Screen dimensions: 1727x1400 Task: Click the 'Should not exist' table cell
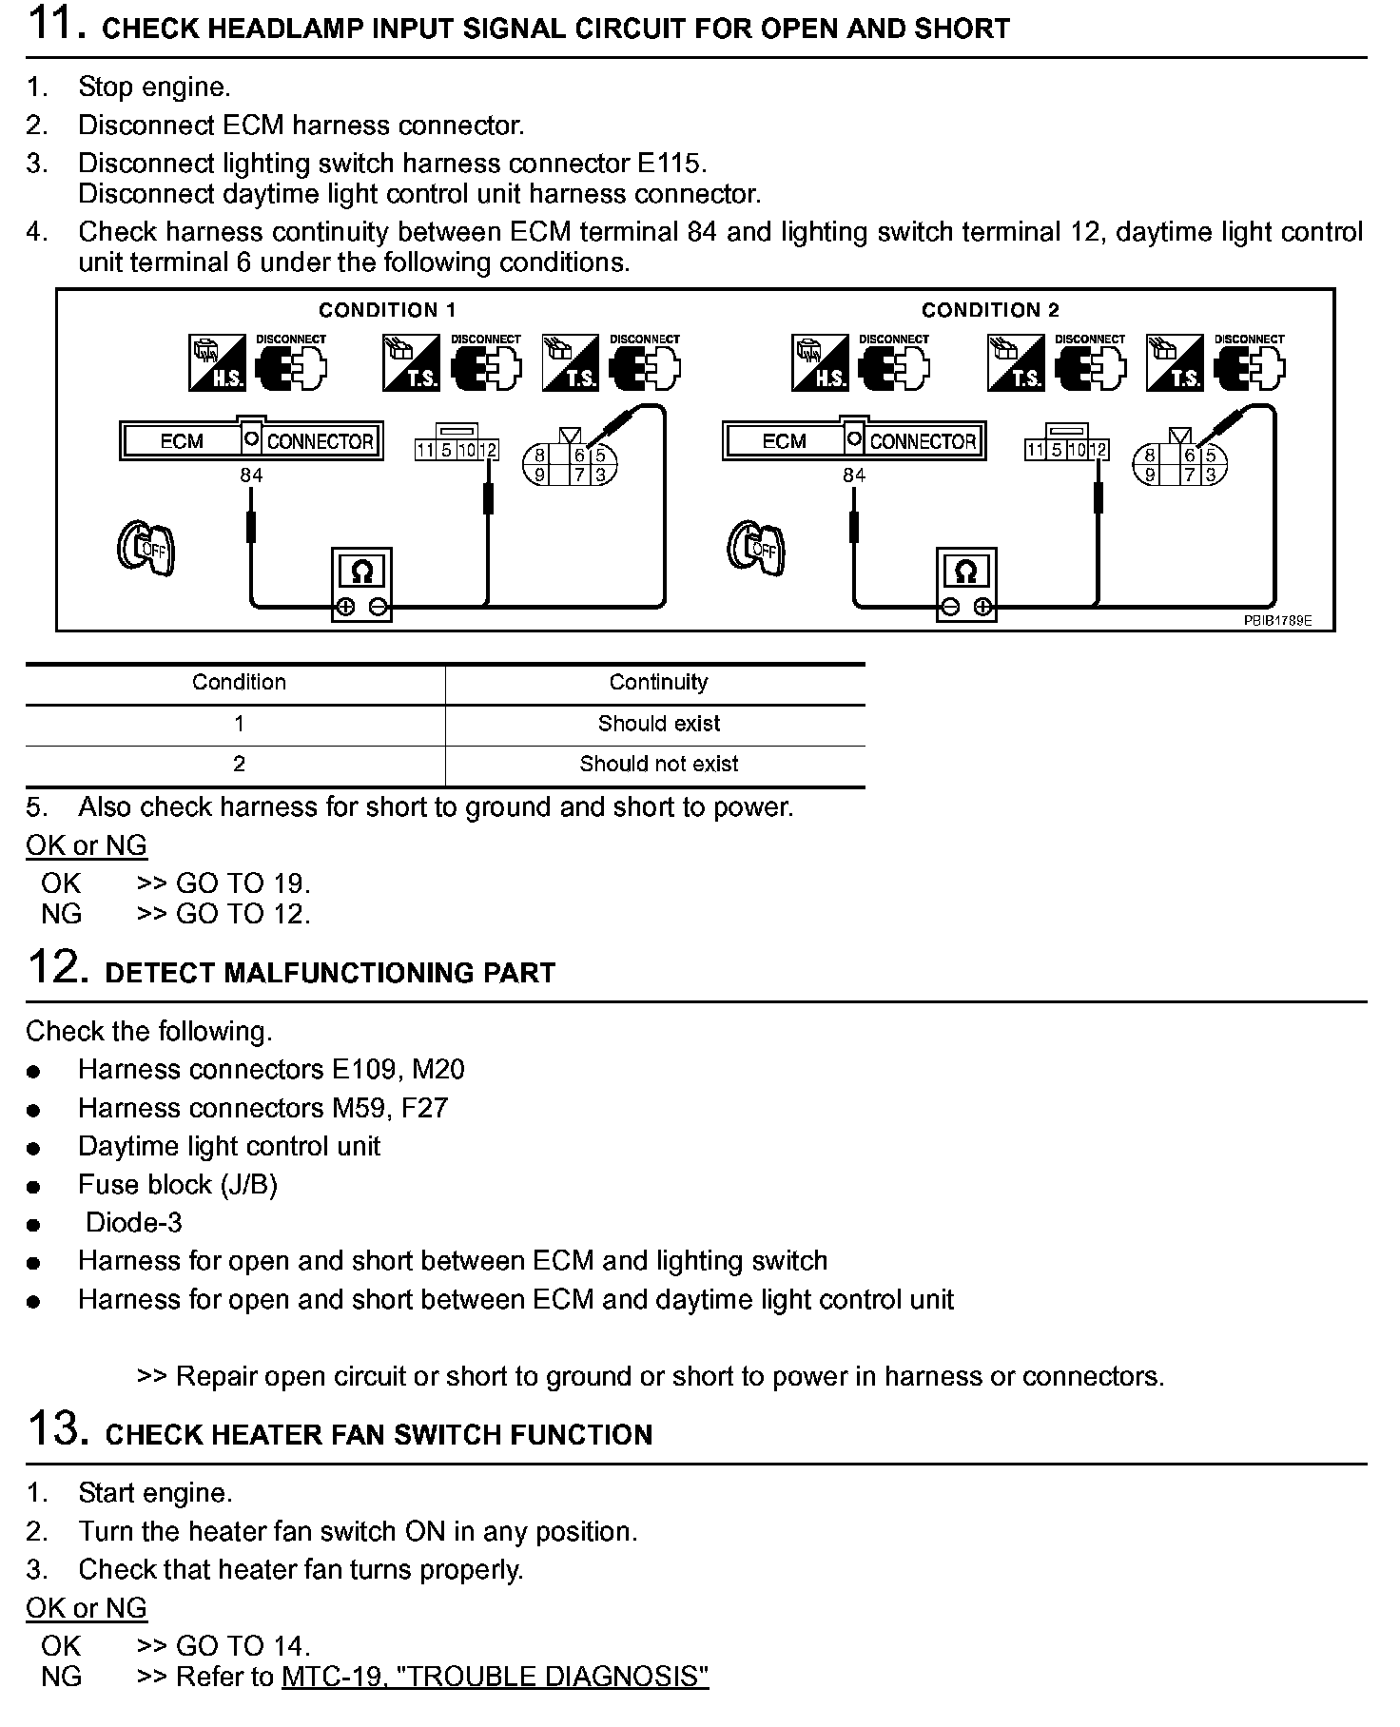point(658,764)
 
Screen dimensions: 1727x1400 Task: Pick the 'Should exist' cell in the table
point(658,724)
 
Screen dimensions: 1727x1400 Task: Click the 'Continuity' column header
point(658,682)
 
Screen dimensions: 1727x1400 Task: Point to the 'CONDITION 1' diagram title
point(387,310)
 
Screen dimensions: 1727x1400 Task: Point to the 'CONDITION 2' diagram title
point(990,310)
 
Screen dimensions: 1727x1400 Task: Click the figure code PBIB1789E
point(1277,620)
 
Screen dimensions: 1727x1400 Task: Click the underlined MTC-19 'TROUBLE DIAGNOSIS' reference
point(495,1676)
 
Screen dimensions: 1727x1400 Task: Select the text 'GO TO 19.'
point(243,883)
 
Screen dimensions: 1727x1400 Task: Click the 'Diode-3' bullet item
point(134,1222)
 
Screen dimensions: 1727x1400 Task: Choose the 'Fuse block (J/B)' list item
point(178,1184)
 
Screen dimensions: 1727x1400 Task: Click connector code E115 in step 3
point(670,164)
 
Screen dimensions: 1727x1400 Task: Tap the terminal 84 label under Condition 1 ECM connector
point(251,475)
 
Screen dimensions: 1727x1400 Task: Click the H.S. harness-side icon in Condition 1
point(217,362)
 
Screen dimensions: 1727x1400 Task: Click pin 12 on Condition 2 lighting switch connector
point(1098,450)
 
